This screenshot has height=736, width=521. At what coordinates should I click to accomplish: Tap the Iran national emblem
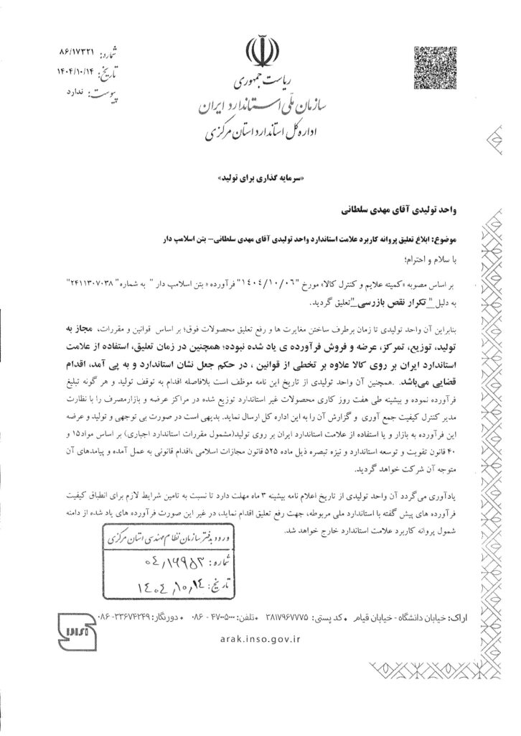(260, 51)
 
